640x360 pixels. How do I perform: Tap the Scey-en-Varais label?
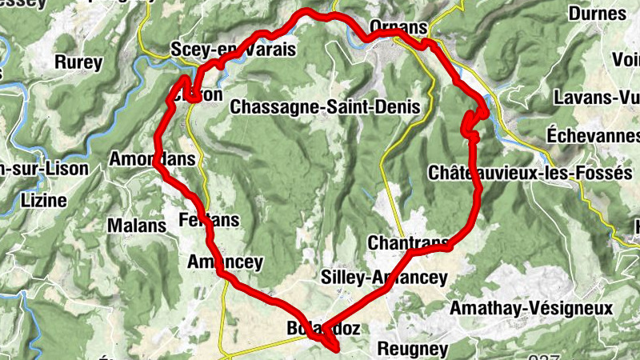click(234, 50)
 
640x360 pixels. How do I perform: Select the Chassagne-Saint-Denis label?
click(325, 106)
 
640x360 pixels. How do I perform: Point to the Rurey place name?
click(78, 62)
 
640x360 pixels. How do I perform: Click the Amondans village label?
click(153, 159)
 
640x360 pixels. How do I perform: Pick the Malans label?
click(138, 226)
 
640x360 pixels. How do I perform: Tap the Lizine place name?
click(44, 200)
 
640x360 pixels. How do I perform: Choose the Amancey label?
click(225, 262)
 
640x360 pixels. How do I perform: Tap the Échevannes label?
click(594, 135)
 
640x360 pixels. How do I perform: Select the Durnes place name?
click(598, 14)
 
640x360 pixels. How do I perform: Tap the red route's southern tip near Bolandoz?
click(337, 348)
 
